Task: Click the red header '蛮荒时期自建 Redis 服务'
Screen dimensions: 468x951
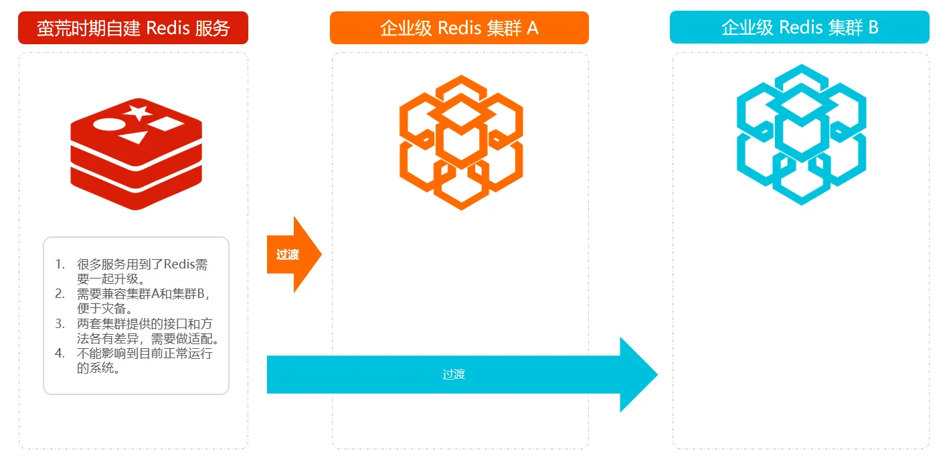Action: [x=133, y=28]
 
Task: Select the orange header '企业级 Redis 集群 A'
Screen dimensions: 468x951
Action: [x=459, y=28]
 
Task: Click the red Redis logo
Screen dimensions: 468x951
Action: [x=136, y=155]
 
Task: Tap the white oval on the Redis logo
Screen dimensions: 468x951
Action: [x=106, y=125]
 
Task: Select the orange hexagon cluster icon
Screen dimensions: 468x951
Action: [x=461, y=142]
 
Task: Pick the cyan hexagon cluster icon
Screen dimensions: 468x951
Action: [x=801, y=134]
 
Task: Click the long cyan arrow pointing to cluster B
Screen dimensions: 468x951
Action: [x=462, y=374]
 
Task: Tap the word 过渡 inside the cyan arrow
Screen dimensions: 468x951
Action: [x=454, y=374]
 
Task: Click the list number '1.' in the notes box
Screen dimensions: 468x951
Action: [x=60, y=264]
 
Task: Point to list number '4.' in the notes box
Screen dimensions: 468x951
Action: [x=60, y=354]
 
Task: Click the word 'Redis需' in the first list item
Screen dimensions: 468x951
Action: [x=186, y=264]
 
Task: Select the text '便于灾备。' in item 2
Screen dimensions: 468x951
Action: [x=106, y=309]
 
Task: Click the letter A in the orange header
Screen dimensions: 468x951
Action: [x=533, y=28]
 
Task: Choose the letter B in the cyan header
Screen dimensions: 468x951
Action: [x=873, y=27]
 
